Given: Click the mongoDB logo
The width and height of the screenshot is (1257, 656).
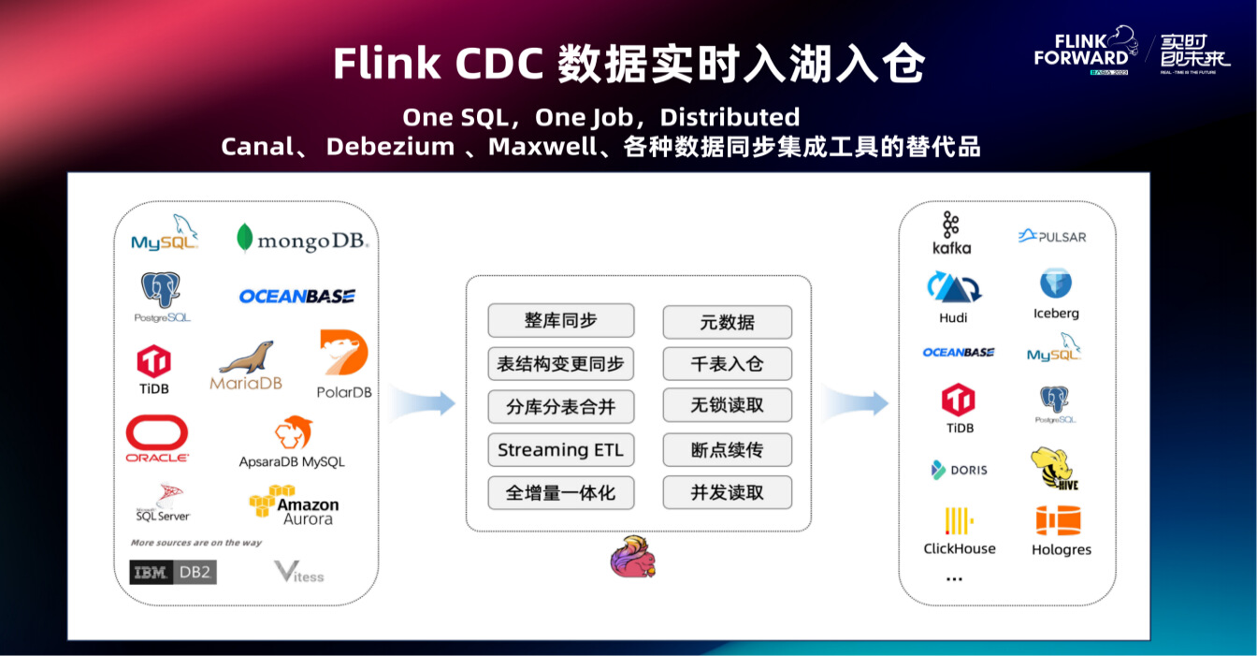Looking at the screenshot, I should (x=302, y=240).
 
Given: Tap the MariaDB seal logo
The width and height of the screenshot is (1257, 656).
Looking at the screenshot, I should (x=246, y=364).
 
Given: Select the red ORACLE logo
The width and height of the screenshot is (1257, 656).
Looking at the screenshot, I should (x=157, y=438).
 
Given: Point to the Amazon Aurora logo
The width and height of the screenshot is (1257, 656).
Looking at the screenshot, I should (x=294, y=505).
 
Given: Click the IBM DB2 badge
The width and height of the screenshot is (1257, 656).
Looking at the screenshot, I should (x=173, y=572).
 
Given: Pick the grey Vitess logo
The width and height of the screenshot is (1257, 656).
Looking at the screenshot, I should (x=299, y=572).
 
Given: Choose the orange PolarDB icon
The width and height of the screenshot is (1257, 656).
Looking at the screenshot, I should (x=343, y=355).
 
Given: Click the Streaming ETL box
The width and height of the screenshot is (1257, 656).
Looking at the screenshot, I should (x=560, y=450).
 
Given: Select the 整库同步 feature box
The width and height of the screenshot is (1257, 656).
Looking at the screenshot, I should (x=560, y=321).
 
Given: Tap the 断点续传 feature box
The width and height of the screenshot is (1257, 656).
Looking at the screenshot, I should (x=727, y=450).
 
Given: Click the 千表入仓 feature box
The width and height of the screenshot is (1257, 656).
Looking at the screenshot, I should (x=727, y=364).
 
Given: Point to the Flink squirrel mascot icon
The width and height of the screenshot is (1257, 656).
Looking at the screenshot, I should (x=632, y=557).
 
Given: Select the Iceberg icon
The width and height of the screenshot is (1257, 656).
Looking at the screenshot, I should (x=1056, y=284).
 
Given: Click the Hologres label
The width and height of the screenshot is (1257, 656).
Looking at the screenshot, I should (x=1061, y=550).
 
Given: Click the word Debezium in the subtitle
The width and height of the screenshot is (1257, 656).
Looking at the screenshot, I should (x=390, y=147).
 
